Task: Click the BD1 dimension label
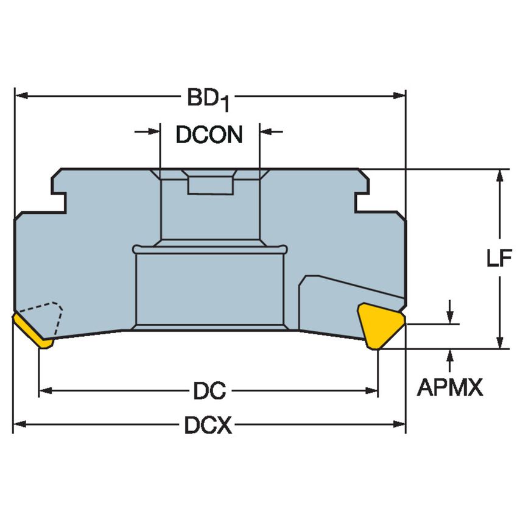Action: [208, 99]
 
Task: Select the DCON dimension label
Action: [209, 135]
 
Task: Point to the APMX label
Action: [450, 387]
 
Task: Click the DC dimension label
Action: [209, 391]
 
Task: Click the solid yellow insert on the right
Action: [380, 325]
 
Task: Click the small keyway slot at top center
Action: [210, 184]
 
